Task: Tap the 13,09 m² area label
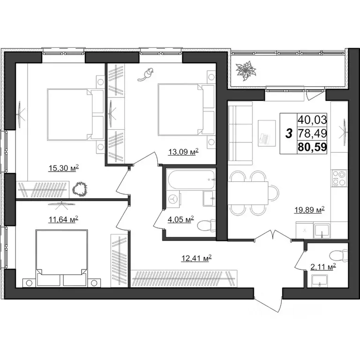(183, 151)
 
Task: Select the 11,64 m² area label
(63, 218)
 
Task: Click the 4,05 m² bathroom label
(180, 219)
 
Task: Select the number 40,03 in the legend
(312, 120)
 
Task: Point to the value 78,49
(312, 134)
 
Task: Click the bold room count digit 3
(289, 134)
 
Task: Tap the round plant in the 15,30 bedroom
(81, 189)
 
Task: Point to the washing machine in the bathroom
(174, 199)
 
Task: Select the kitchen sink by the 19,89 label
(322, 230)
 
